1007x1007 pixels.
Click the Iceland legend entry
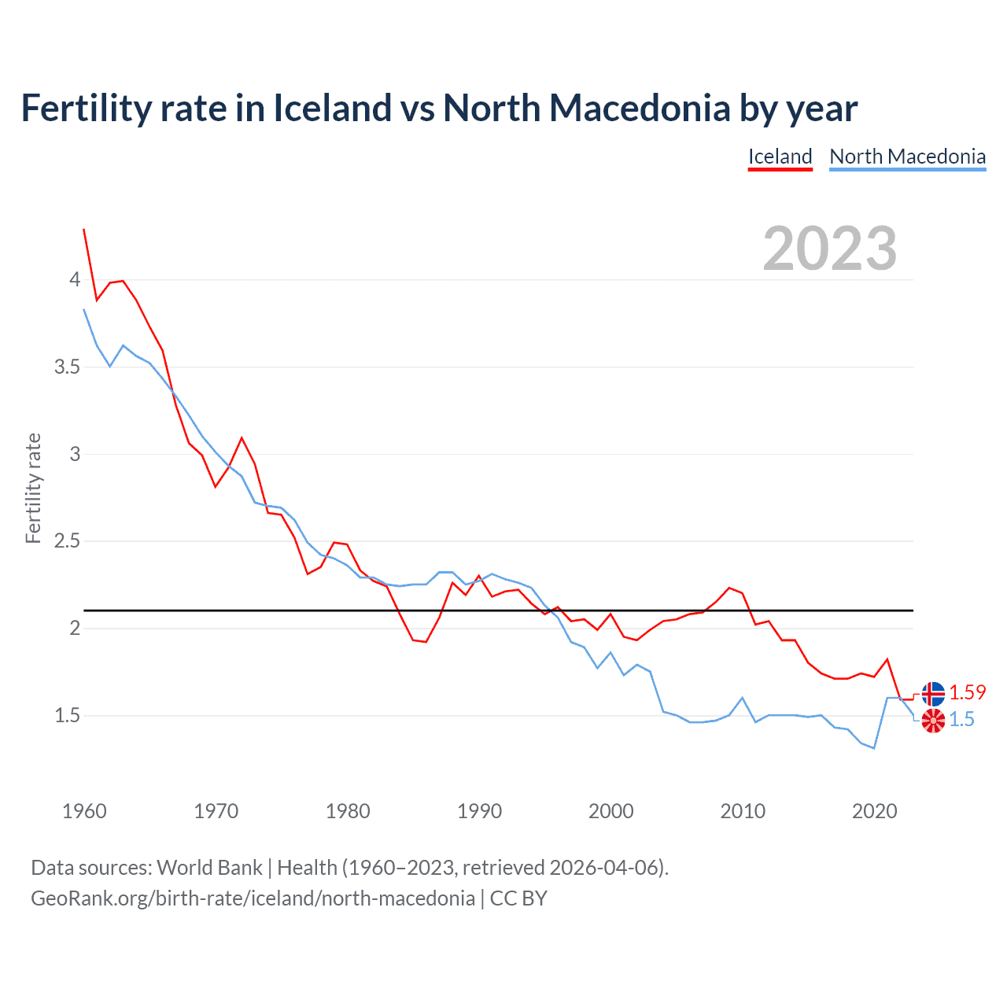pos(780,157)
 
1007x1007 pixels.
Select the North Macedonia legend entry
pos(907,157)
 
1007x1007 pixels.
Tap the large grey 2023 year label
pos(829,249)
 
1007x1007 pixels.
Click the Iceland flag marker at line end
pos(933,693)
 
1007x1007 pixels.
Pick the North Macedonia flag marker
pos(933,720)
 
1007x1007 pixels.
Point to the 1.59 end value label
pos(967,692)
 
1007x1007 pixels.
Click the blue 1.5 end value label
pos(961,719)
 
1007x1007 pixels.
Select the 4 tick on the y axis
pos(75,280)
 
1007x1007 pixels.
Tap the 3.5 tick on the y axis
pos(67,367)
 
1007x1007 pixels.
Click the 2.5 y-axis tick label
pos(67,541)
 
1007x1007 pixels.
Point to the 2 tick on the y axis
pos(75,629)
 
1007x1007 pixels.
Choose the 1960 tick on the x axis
pos(84,811)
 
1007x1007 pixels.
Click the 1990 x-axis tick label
pos(479,811)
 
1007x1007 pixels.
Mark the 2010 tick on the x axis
pos(743,811)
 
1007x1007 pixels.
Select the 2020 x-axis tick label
pos(874,811)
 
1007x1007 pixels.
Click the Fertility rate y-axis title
pos(33,488)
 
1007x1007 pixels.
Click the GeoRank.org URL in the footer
pos(253,898)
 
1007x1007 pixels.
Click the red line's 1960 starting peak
pos(84,230)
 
